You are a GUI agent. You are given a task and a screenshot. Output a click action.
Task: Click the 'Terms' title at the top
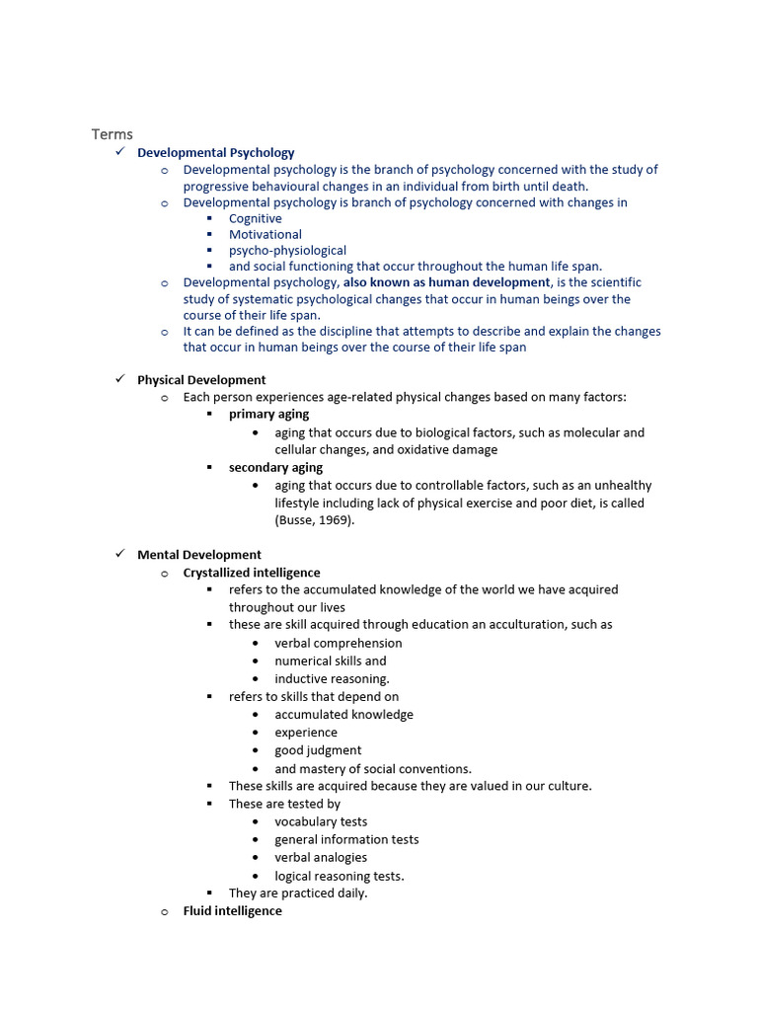click(x=112, y=134)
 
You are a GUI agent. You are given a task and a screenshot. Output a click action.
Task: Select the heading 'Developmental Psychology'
click(x=215, y=153)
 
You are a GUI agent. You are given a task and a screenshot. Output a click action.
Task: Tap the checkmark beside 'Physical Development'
click(x=118, y=379)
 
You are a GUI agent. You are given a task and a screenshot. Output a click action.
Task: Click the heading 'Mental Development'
click(x=199, y=555)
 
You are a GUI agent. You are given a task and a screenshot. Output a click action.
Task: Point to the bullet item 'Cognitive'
click(x=256, y=218)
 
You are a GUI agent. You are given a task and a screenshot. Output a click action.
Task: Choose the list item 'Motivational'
click(x=265, y=235)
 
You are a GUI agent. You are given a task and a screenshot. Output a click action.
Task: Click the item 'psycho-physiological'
click(x=287, y=251)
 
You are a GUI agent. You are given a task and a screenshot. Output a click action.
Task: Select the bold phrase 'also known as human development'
click(x=446, y=282)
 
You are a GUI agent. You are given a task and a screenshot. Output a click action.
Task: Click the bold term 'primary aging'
click(x=268, y=415)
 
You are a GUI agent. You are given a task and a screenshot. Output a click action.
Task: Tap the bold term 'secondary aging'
click(x=275, y=468)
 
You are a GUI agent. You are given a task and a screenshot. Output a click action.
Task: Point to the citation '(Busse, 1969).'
click(x=314, y=520)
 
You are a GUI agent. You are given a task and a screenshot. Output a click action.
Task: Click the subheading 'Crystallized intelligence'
click(x=252, y=573)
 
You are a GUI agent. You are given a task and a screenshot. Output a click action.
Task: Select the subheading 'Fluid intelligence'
click(x=233, y=911)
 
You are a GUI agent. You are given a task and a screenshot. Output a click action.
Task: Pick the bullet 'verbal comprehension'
click(x=339, y=643)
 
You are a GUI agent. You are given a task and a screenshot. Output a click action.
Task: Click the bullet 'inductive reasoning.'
click(x=333, y=679)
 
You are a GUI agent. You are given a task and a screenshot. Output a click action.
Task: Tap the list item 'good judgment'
click(x=318, y=750)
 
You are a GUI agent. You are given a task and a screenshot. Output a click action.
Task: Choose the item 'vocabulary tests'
click(x=321, y=821)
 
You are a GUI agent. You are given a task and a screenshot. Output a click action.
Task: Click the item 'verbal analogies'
click(x=321, y=858)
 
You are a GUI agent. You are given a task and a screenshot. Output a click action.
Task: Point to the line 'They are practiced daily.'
click(x=298, y=894)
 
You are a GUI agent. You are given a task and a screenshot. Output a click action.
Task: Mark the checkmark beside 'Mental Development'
click(x=118, y=554)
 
